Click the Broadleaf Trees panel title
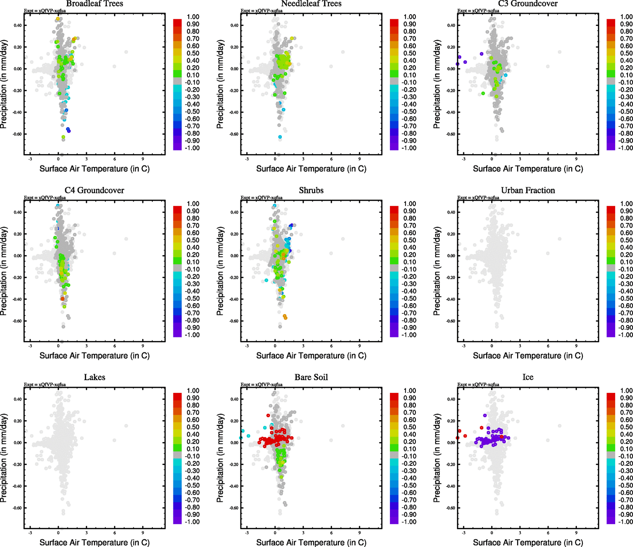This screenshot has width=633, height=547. point(94,4)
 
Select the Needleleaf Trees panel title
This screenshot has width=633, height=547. point(311,4)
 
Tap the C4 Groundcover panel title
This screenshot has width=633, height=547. point(94,191)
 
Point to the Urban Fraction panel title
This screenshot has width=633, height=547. point(528,191)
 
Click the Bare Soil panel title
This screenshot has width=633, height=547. point(311,377)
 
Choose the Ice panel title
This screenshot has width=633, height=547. point(528,377)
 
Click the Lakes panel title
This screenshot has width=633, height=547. point(94,377)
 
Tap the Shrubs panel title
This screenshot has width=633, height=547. point(311,191)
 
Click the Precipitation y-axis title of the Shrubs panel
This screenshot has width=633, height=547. point(221,271)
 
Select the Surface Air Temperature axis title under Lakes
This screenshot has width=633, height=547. point(94,542)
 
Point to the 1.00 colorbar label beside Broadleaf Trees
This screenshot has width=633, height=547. point(193,17)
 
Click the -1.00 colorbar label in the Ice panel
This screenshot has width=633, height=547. point(625,522)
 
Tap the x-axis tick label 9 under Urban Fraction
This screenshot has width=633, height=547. point(576,346)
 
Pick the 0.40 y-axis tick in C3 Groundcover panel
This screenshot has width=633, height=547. point(450,26)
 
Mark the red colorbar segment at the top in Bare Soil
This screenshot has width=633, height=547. point(394,394)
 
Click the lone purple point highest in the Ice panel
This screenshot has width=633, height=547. point(485,415)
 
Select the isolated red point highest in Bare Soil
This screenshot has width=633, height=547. point(268,415)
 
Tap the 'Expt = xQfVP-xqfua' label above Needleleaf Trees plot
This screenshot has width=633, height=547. point(261,11)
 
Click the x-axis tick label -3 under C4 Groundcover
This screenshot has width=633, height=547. point(30,346)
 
